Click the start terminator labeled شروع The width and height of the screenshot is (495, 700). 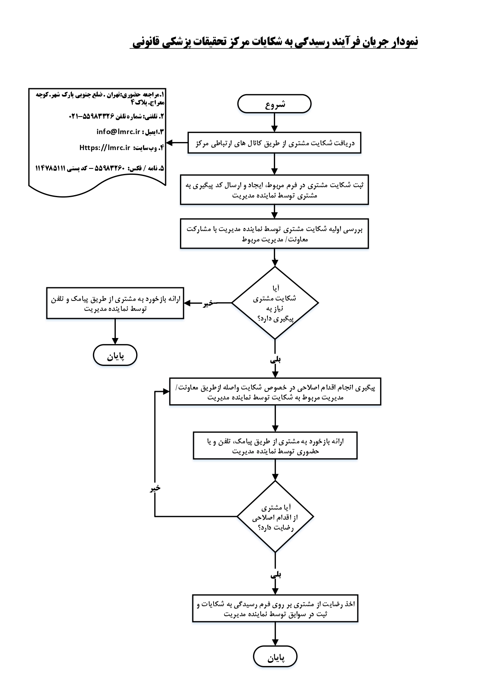pyautogui.click(x=274, y=104)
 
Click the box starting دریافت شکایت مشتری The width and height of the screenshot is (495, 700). pyautogui.click(x=274, y=143)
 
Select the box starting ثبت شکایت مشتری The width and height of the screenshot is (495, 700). pyautogui.click(x=274, y=190)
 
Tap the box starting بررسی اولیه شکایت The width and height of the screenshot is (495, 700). pyautogui.click(x=274, y=234)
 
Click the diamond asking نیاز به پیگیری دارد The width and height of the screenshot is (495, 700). pyautogui.click(x=275, y=303)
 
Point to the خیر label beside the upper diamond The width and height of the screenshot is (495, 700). pyautogui.click(x=208, y=303)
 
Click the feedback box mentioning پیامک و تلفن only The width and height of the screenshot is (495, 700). pyautogui.click(x=115, y=303)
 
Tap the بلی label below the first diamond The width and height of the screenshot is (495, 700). pyautogui.click(x=275, y=360)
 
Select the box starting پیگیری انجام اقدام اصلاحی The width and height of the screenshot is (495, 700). pyautogui.click(x=275, y=392)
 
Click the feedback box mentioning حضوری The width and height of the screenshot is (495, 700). pyautogui.click(x=275, y=446)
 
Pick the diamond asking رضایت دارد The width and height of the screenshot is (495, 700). pyautogui.click(x=275, y=517)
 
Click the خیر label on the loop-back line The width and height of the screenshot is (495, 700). pyautogui.click(x=155, y=488)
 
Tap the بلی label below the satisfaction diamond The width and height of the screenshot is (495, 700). pyautogui.click(x=276, y=575)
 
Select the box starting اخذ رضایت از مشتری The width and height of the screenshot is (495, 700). pyautogui.click(x=275, y=609)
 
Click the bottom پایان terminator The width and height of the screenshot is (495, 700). pyautogui.click(x=275, y=657)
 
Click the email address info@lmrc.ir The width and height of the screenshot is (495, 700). pyautogui.click(x=119, y=132)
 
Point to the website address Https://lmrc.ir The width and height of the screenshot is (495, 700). pyautogui.click(x=105, y=148)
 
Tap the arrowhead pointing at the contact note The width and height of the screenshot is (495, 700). pyautogui.click(x=170, y=143)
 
